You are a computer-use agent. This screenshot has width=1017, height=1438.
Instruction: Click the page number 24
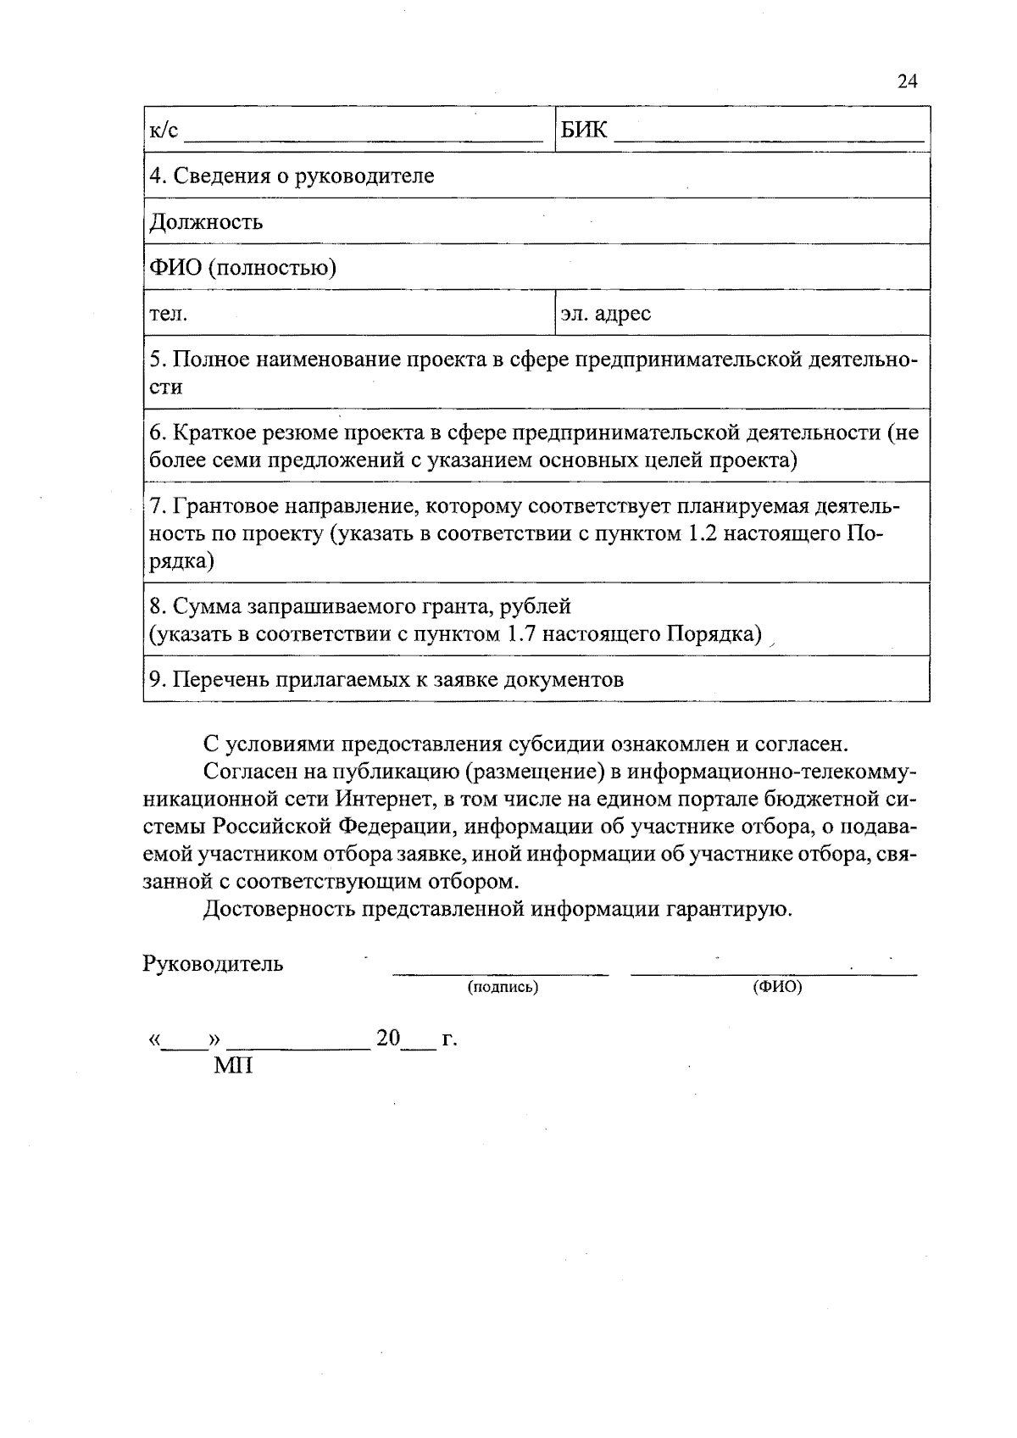coord(907,81)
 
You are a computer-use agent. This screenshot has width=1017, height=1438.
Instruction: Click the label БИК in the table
coord(584,130)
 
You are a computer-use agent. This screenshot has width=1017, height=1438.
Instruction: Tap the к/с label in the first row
coord(164,130)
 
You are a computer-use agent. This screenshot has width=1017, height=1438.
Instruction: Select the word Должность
coord(206,222)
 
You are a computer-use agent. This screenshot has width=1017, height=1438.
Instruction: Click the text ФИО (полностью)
coord(242,268)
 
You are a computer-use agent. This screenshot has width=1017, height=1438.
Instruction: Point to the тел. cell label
coord(168,315)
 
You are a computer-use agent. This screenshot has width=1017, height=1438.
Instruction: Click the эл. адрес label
coord(605,314)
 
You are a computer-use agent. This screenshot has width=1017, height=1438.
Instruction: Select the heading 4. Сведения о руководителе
coord(292,176)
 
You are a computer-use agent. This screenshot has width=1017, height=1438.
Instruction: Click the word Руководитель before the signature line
coord(214,964)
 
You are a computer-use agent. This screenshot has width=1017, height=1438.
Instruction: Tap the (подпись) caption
coord(503,987)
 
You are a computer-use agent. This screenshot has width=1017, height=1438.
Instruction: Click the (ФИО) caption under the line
coord(777,987)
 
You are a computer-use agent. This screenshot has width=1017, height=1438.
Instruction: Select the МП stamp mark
coord(232,1065)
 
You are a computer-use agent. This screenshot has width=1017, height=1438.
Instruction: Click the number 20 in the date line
coord(387,1039)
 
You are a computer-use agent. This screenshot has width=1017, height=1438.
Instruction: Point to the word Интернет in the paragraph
coord(385,800)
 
